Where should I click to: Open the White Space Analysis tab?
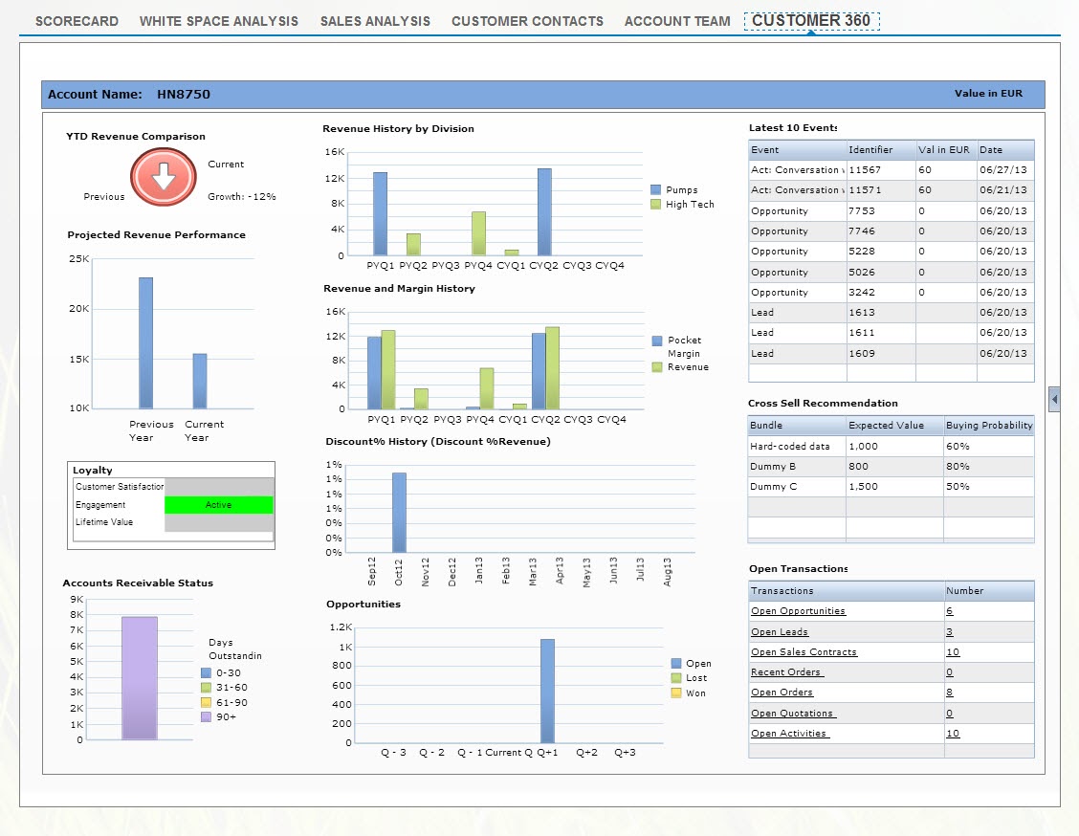[218, 21]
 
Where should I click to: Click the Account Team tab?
[676, 21]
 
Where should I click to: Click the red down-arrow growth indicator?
[164, 178]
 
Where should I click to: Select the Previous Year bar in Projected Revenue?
[145, 342]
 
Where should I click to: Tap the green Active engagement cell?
[218, 505]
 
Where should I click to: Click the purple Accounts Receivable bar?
[140, 677]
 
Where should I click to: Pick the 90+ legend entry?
[225, 716]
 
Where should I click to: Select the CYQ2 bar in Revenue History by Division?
[544, 211]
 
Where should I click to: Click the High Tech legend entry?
[689, 205]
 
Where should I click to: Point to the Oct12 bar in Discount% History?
[399, 513]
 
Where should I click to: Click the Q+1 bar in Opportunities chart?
[547, 691]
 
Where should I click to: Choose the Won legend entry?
[695, 693]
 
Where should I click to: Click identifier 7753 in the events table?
[861, 210]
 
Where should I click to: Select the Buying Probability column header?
[988, 426]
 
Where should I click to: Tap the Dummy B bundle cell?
[773, 467]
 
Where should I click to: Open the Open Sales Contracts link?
[804, 652]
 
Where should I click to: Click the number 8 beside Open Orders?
[949, 693]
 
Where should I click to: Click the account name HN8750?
[184, 95]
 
